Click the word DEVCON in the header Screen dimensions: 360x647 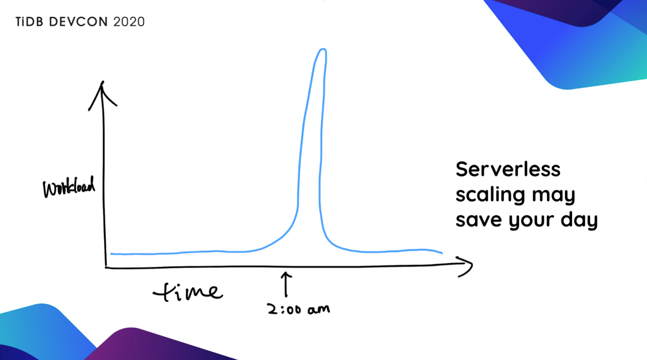(x=78, y=22)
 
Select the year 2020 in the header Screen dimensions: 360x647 (x=129, y=22)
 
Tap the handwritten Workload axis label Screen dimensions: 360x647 (x=69, y=187)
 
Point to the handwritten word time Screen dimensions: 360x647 (x=188, y=292)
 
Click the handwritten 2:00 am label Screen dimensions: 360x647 (x=298, y=309)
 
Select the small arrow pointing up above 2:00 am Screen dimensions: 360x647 (x=286, y=284)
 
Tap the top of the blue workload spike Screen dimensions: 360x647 (x=322, y=50)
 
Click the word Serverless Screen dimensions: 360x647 (x=508, y=169)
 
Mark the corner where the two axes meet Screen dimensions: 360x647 (x=106, y=267)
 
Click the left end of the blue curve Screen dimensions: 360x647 (x=112, y=253)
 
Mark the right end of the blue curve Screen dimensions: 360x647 (x=442, y=253)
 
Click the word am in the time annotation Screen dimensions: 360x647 (x=318, y=309)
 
